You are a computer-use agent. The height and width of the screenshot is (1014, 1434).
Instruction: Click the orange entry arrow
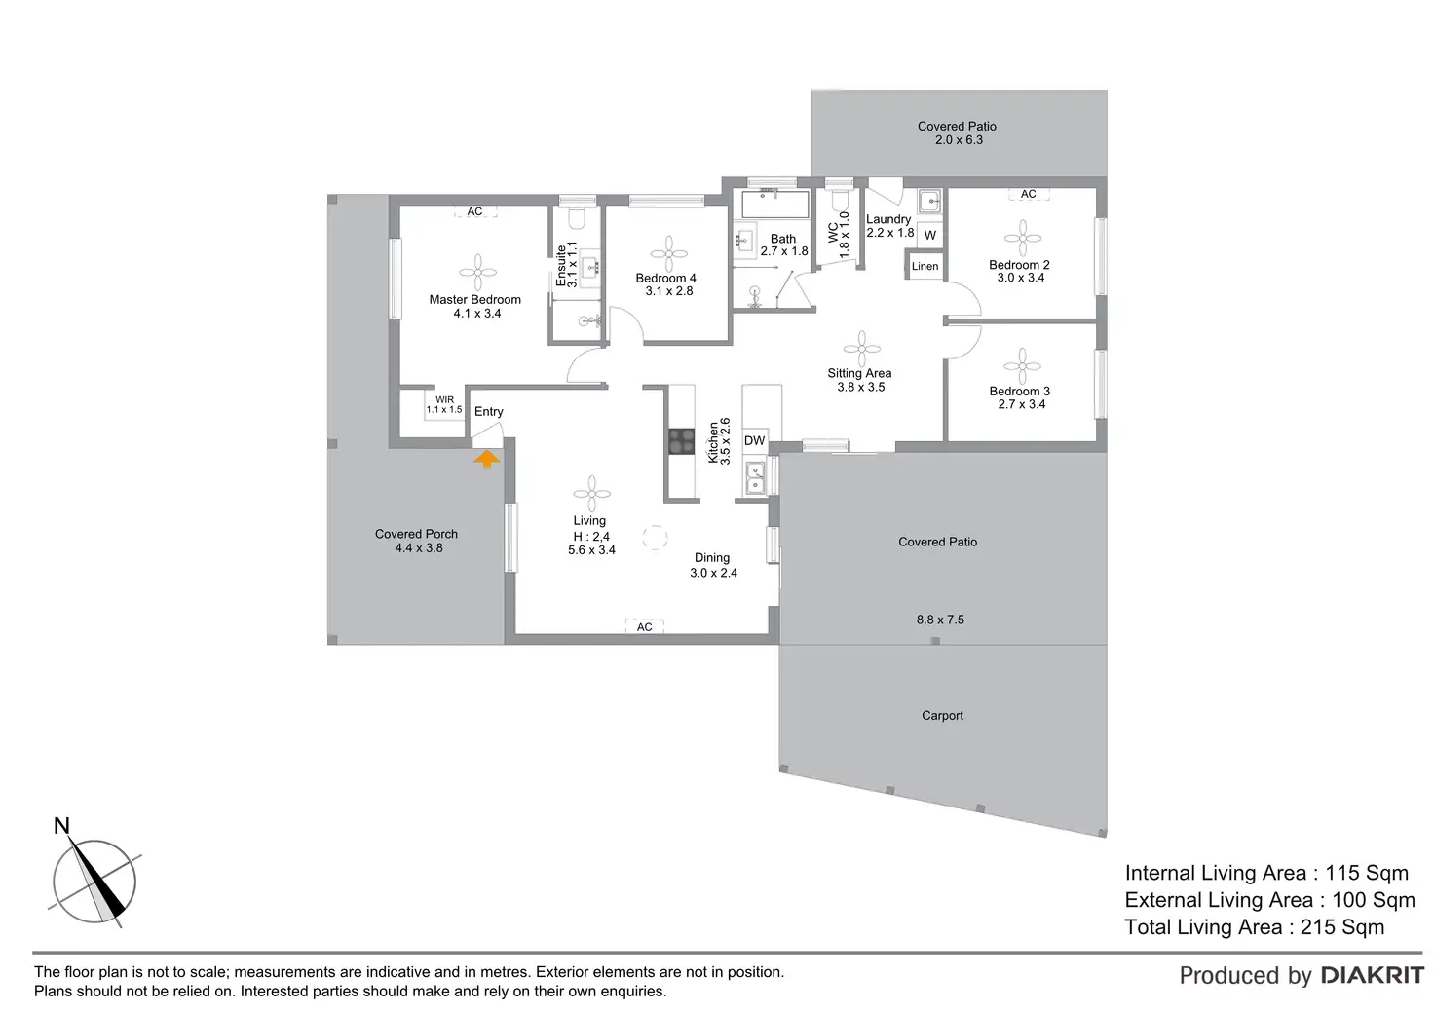tap(486, 459)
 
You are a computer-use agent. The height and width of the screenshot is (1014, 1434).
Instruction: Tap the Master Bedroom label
tap(475, 300)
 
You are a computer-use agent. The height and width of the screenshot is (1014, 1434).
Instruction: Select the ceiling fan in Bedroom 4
tap(668, 254)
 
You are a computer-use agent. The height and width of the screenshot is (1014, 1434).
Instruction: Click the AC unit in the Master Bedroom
tap(474, 211)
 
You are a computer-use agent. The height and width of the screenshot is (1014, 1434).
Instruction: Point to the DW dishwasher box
tap(755, 440)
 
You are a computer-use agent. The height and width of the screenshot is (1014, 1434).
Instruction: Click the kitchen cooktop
tap(681, 442)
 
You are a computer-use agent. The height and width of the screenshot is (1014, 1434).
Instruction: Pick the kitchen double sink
tap(755, 477)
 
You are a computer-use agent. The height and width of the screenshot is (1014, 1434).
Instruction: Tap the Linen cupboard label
tap(925, 266)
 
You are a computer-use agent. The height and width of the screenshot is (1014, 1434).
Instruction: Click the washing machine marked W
tap(929, 235)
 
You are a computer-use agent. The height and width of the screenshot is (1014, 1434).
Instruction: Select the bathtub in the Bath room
tap(775, 205)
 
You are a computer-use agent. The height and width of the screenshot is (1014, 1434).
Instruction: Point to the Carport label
tap(942, 715)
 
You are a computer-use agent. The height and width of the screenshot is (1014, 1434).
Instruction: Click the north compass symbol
tap(94, 881)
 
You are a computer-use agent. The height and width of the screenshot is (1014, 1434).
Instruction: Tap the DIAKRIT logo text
tap(1372, 975)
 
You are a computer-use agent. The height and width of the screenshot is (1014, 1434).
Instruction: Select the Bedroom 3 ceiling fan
tap(1022, 366)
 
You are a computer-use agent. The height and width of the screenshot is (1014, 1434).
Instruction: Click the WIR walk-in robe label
tap(444, 404)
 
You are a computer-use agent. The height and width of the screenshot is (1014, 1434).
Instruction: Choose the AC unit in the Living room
tap(644, 627)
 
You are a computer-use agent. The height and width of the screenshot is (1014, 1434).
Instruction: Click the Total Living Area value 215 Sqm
tap(1341, 927)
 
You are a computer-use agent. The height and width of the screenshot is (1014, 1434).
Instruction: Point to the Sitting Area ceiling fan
tap(861, 348)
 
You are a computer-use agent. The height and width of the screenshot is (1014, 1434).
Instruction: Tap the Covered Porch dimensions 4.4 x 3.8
tap(419, 548)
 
